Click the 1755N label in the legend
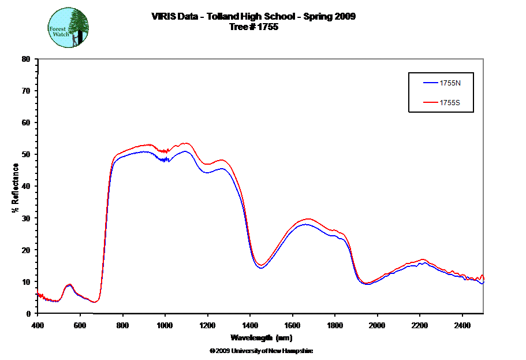pyautogui.click(x=450, y=83)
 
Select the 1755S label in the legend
pyautogui.click(x=450, y=103)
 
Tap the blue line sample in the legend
pyautogui.click(x=431, y=83)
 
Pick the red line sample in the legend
pyautogui.click(x=431, y=103)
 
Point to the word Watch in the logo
pyautogui.click(x=60, y=34)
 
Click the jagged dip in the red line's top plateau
pyautogui.click(x=166, y=151)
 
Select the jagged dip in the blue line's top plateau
pyautogui.click(x=166, y=160)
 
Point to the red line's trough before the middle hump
pyautogui.click(x=261, y=265)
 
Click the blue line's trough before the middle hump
pyautogui.click(x=261, y=268)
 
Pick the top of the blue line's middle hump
pyautogui.click(x=306, y=224)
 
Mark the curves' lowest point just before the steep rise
pyautogui.click(x=96, y=302)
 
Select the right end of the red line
pyautogui.click(x=483, y=276)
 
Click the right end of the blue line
pyautogui.click(x=483, y=283)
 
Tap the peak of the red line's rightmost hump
pyautogui.click(x=423, y=259)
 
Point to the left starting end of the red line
pyautogui.click(x=38, y=290)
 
